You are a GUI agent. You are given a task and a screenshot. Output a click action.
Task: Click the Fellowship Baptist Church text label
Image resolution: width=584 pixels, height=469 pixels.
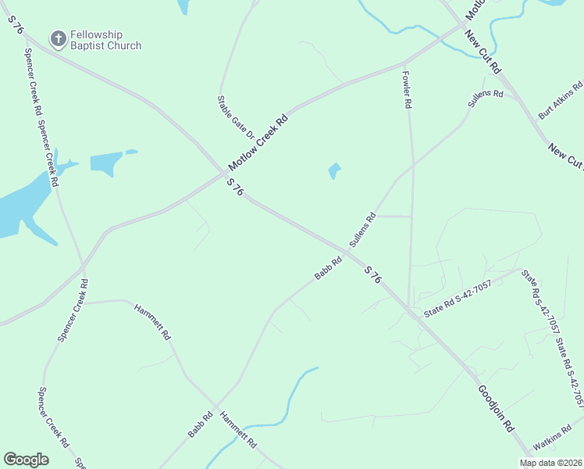[105, 40]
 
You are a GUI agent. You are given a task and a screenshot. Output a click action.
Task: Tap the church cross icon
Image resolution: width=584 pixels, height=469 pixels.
[57, 38]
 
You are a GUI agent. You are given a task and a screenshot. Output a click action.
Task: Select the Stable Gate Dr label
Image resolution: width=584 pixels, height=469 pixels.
[237, 116]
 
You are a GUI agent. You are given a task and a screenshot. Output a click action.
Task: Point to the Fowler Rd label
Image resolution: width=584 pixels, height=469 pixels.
[407, 91]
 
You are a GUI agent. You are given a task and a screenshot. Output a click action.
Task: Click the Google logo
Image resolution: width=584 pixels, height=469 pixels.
[26, 460]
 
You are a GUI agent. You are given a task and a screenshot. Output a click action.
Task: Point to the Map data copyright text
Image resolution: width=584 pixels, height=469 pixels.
[551, 463]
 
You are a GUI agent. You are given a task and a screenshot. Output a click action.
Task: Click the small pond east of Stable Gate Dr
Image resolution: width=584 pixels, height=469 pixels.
[334, 170]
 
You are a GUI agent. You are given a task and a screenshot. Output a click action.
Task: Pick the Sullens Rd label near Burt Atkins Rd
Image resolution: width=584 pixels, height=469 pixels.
[486, 98]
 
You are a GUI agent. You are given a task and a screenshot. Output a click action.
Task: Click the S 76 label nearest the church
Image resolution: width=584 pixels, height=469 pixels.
[17, 25]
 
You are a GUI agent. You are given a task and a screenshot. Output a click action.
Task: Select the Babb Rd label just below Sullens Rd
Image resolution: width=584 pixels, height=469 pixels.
[329, 269]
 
